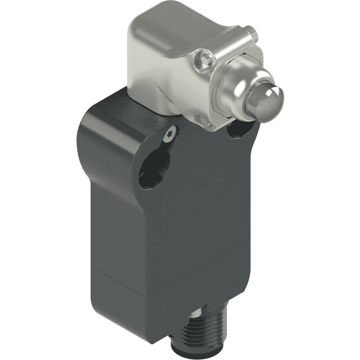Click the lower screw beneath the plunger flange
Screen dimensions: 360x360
pos(206,122)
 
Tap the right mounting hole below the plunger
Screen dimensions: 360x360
pos(241,127)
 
